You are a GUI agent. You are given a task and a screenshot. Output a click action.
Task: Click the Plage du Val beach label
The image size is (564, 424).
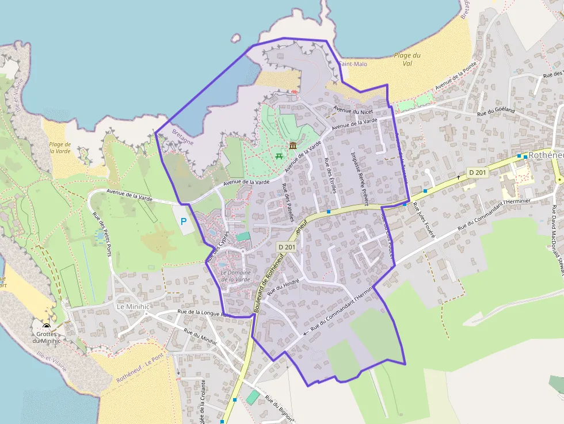click(407, 59)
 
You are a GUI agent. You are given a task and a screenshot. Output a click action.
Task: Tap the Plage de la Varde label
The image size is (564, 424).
click(60, 148)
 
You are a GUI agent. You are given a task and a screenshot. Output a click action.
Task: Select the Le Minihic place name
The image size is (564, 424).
click(133, 307)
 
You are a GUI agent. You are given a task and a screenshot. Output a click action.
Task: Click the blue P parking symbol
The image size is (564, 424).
click(184, 221)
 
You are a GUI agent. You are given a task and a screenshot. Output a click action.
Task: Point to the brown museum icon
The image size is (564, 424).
click(293, 145)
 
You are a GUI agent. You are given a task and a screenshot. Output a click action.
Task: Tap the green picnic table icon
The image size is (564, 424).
click(279, 155)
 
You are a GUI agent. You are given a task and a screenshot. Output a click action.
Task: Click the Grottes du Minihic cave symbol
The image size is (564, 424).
click(47, 326)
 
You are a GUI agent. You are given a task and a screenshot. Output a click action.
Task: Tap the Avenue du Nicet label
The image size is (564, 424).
click(353, 110)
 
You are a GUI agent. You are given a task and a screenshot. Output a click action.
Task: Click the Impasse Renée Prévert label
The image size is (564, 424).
click(359, 177)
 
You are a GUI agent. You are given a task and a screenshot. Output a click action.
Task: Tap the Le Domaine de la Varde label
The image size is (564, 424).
click(235, 276)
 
